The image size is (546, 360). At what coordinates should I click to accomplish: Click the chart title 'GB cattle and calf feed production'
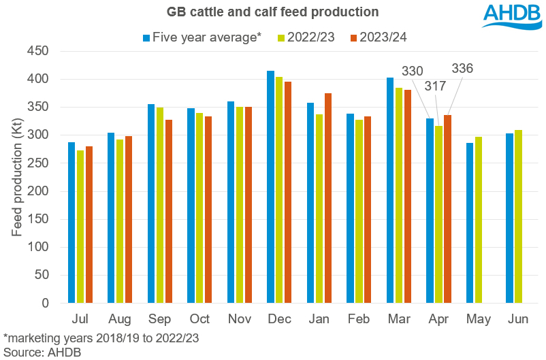pos(272,12)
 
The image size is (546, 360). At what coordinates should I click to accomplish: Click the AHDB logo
pos(511,16)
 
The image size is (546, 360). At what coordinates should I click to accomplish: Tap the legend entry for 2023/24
pos(377,37)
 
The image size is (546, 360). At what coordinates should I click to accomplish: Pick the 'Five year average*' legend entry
pos(203,37)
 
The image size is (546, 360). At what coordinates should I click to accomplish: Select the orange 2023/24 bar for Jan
pos(328,198)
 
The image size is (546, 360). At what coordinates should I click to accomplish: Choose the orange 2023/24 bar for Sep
pos(168,212)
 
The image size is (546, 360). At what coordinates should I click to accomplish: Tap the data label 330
pos(413,70)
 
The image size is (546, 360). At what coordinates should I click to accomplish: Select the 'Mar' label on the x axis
pos(398,318)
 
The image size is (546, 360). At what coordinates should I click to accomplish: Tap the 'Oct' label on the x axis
pos(199,318)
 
